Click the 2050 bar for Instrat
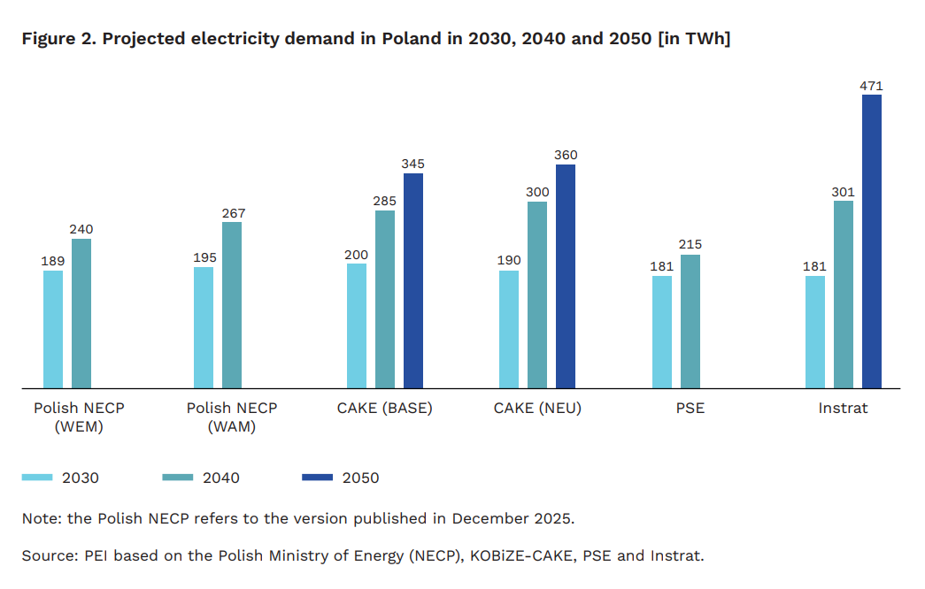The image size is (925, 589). click(x=872, y=241)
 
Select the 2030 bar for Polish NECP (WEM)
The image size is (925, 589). click(x=53, y=329)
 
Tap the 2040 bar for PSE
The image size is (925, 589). click(x=690, y=321)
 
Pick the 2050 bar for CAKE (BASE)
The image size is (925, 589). click(x=413, y=280)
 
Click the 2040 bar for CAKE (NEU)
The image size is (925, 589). click(x=537, y=294)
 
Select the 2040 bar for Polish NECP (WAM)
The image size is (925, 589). click(x=232, y=304)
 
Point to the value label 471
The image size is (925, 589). click(x=872, y=86)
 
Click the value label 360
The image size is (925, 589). click(x=566, y=156)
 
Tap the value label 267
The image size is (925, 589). click(x=234, y=213)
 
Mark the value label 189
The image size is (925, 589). click(x=53, y=261)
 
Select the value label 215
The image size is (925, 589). click(x=690, y=245)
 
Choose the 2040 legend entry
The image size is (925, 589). click(x=201, y=478)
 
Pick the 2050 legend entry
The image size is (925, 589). click(x=341, y=478)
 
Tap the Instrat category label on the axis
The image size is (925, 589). click(x=843, y=409)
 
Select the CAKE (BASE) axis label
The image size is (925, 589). click(x=384, y=409)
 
